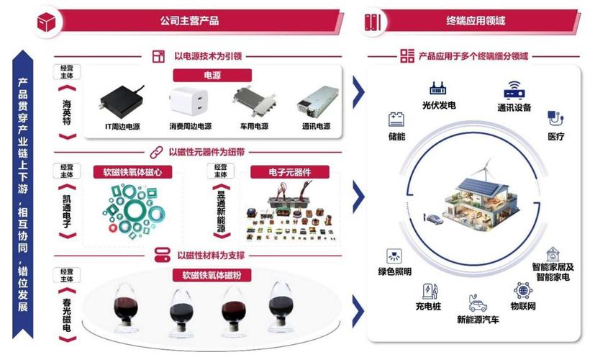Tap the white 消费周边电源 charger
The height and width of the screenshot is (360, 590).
tap(187, 103)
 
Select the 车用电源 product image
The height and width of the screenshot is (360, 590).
tap(252, 103)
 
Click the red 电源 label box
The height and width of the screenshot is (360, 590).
tap(212, 75)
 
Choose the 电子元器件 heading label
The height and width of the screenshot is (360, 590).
tap(289, 172)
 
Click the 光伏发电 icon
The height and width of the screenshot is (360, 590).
tap(438, 90)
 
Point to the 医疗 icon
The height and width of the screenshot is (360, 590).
tap(555, 118)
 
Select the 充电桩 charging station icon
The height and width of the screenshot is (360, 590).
tap(430, 290)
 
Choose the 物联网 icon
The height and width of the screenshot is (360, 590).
tap(523, 290)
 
